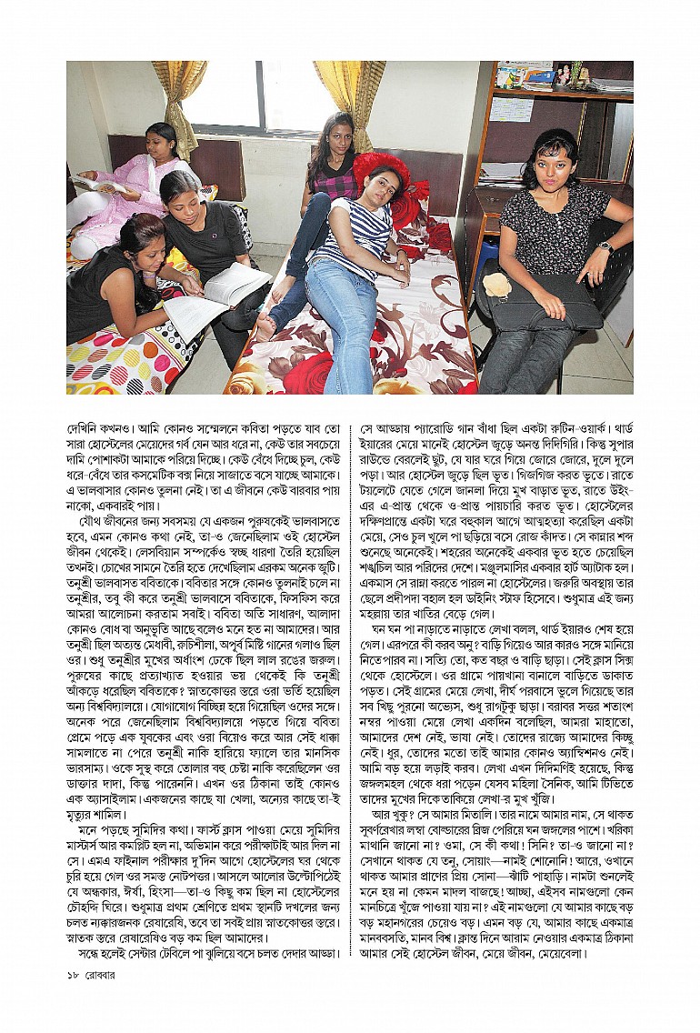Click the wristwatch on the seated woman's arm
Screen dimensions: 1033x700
(x=605, y=247)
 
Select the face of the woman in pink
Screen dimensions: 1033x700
(x=161, y=139)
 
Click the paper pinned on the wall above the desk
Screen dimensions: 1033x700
(x=512, y=109)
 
